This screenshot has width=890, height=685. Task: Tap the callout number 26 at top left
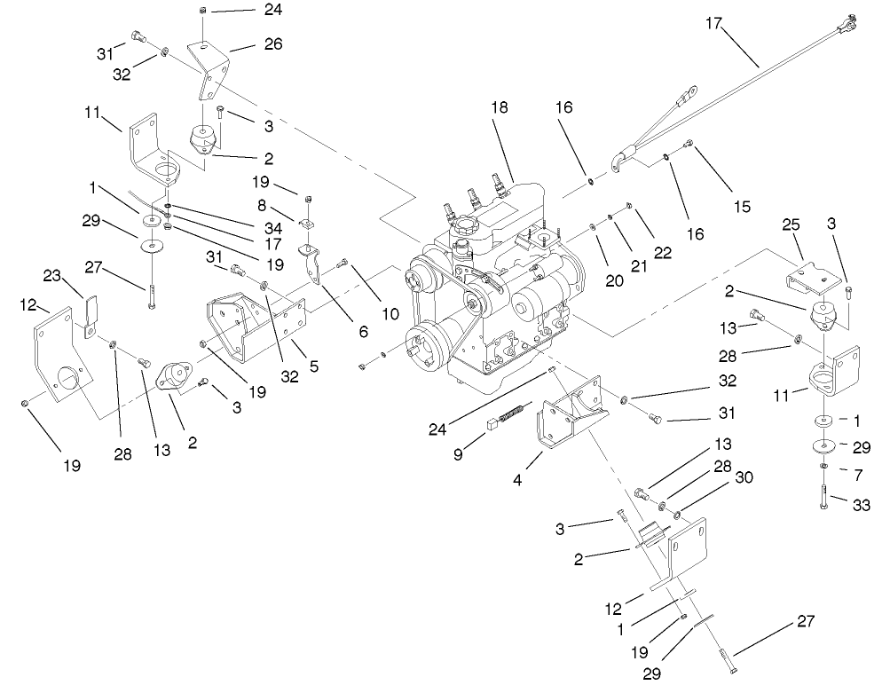(x=272, y=43)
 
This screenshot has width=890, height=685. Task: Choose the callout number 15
(x=742, y=207)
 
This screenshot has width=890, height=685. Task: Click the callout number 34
(x=272, y=228)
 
